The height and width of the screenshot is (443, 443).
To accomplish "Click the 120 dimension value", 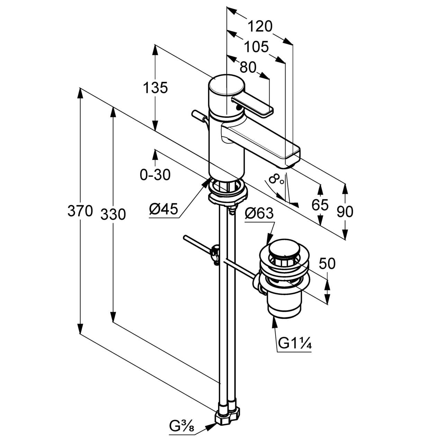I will coord(260,26).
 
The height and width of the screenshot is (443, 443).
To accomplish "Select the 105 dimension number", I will coord(256,47).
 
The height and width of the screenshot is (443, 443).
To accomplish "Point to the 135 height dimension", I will coord(155,88).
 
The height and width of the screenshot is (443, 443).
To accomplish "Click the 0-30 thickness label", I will coord(155,175).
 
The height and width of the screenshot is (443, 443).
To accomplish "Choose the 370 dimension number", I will coord(80,211).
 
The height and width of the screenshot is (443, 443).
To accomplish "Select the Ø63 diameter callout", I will coord(259,214).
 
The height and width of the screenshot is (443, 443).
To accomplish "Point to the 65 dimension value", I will coord(320,205).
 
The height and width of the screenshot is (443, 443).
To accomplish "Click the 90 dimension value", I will coord(345,211).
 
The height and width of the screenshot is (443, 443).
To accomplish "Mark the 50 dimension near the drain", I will coord(327,264).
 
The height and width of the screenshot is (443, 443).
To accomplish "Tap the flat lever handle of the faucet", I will coord(252,106).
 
